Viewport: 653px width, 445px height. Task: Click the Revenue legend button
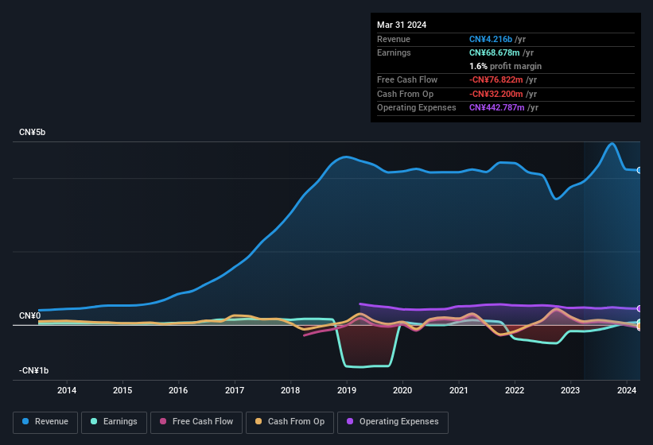[45, 422]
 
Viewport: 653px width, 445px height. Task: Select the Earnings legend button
[115, 422]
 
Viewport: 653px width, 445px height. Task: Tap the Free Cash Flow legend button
[196, 422]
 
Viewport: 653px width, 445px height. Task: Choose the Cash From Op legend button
[290, 422]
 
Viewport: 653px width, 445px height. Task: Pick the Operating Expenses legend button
[393, 422]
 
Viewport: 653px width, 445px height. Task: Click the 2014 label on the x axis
[67, 390]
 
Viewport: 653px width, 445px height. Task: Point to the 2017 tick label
[235, 390]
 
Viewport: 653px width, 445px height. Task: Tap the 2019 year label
[347, 390]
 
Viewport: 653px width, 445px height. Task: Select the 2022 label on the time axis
[515, 390]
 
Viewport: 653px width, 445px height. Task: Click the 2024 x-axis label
[627, 390]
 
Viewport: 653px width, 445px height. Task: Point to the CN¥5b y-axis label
[33, 132]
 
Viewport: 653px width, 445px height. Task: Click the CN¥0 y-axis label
[30, 316]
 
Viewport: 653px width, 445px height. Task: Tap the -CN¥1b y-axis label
[35, 371]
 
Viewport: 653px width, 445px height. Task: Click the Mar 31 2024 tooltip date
[402, 25]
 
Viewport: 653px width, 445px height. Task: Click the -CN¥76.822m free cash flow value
[499, 79]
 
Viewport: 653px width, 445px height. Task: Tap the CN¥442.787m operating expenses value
[497, 107]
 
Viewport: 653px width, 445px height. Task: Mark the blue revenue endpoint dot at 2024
[639, 170]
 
